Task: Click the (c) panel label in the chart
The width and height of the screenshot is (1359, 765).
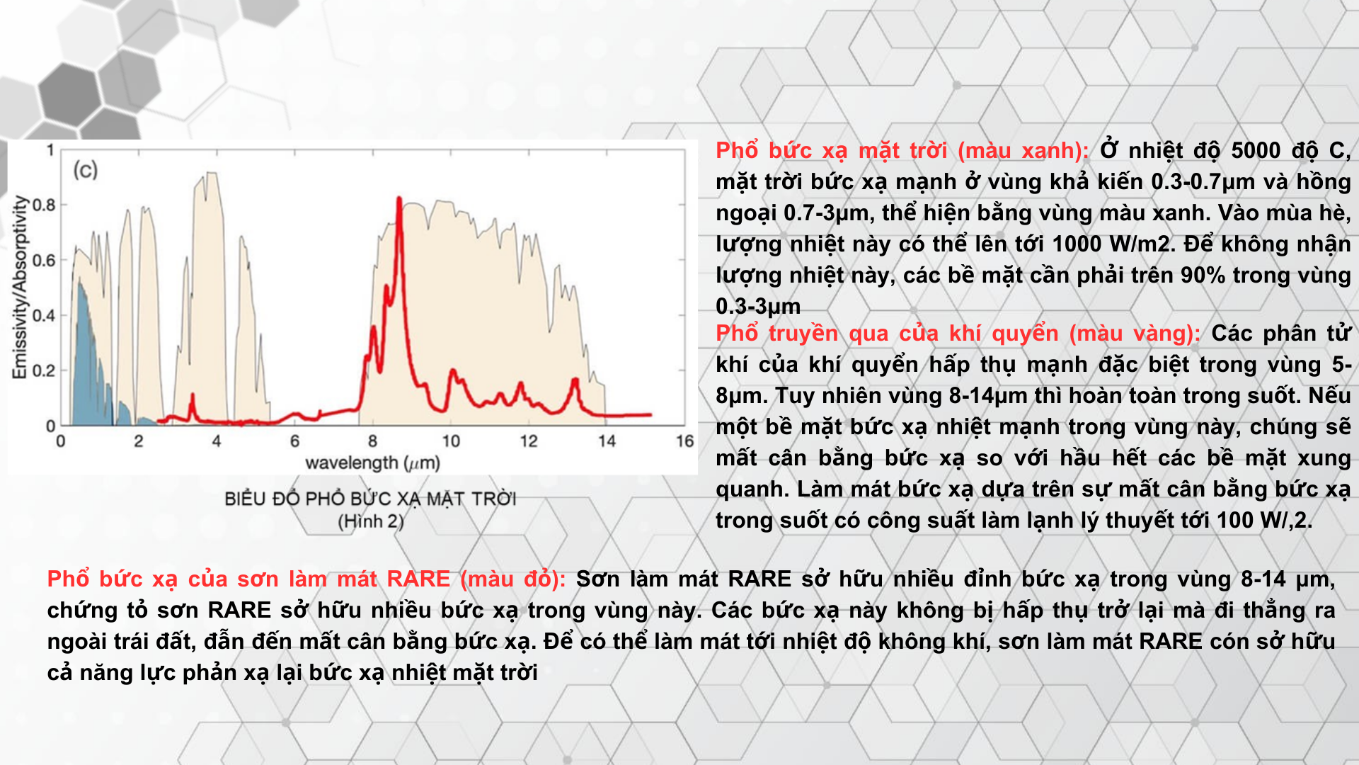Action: pyautogui.click(x=85, y=170)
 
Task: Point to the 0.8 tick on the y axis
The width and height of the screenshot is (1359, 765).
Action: pyautogui.click(x=44, y=205)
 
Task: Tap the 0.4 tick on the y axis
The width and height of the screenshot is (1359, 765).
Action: pyautogui.click(x=44, y=315)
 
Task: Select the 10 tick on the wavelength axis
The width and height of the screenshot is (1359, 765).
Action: pyautogui.click(x=451, y=441)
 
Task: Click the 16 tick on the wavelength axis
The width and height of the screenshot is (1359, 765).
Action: pyautogui.click(x=684, y=441)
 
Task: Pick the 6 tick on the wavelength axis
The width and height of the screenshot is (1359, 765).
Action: pyautogui.click(x=294, y=441)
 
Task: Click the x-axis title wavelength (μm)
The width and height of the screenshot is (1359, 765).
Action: pyautogui.click(x=372, y=463)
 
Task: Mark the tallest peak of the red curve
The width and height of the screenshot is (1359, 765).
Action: pyautogui.click(x=399, y=199)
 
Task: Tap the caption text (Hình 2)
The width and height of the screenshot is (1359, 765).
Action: pyautogui.click(x=371, y=522)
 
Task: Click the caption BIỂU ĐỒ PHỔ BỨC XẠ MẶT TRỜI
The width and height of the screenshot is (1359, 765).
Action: pyautogui.click(x=370, y=499)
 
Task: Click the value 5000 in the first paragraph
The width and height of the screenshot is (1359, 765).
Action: pyautogui.click(x=1256, y=151)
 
